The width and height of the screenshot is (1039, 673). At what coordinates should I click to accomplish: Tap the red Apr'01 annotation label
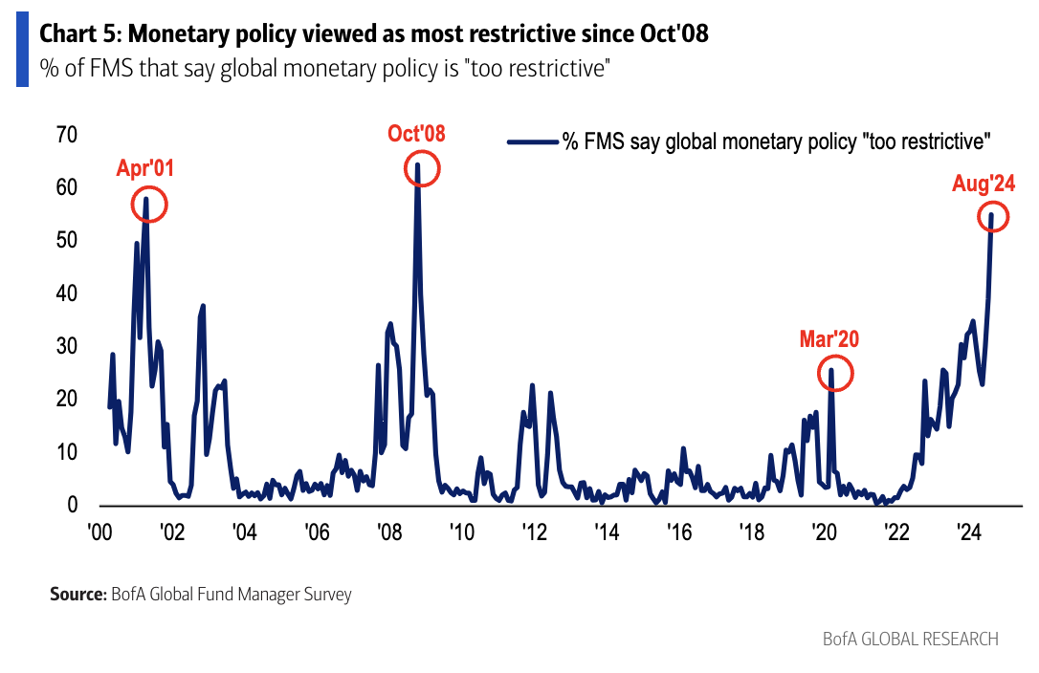click(x=145, y=169)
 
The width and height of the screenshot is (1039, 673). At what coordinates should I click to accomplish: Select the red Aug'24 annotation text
click(x=983, y=184)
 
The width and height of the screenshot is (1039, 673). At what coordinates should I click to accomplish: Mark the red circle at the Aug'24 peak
click(x=994, y=216)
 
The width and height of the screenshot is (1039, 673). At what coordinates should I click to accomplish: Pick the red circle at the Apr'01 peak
click(x=147, y=204)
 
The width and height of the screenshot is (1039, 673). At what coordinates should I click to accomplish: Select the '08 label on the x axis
click(x=387, y=532)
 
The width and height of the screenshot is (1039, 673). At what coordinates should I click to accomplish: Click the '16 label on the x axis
click(x=678, y=532)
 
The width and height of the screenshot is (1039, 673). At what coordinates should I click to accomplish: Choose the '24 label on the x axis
click(x=968, y=532)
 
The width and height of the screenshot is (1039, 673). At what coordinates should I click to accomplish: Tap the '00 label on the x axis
click(x=99, y=532)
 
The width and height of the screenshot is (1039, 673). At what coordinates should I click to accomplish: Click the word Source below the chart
click(x=77, y=595)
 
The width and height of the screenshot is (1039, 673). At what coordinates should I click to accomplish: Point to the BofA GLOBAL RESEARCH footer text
click(x=910, y=639)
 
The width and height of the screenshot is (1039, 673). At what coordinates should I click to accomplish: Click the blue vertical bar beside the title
click(x=22, y=51)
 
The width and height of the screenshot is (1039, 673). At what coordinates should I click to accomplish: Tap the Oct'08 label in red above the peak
click(x=416, y=134)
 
